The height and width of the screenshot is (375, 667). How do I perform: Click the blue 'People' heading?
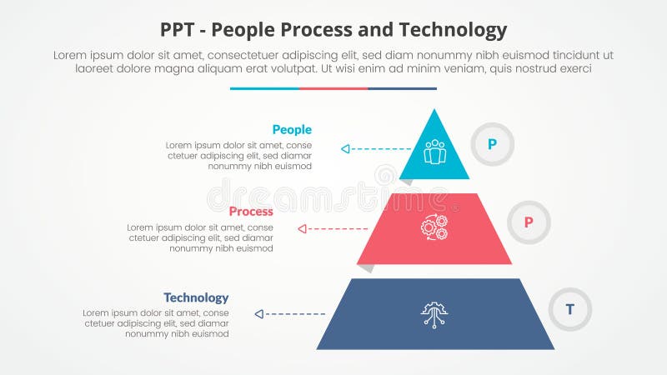pos(291,129)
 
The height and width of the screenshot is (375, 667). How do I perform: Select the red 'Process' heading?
pos(251,212)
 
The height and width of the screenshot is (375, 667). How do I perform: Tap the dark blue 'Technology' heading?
pos(196,297)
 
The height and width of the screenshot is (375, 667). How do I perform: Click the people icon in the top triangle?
pos(434,152)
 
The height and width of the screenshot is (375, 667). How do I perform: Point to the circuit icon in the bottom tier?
pos(434,313)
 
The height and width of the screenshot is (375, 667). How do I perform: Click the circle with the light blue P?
pos(492,144)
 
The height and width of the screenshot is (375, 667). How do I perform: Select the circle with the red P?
pos(528,222)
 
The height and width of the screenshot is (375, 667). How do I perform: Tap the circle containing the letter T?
pos(570,309)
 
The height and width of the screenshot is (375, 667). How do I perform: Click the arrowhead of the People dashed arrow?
pos(344,149)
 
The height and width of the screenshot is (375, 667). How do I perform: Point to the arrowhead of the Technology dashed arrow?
pos(258,314)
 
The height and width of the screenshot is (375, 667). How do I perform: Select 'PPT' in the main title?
pos(180,31)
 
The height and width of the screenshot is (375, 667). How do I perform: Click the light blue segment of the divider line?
pos(264,88)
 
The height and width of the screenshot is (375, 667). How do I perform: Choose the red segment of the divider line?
pos(333,88)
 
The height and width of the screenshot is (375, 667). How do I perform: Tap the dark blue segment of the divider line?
pos(402,88)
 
